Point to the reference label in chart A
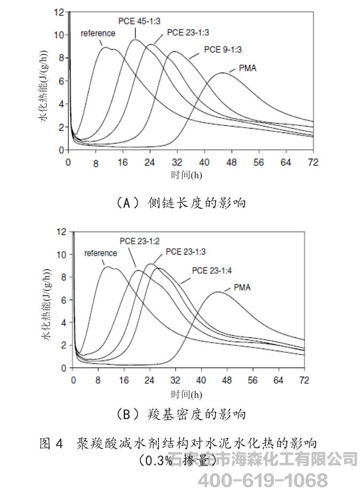click(x=98, y=33)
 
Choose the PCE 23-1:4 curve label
click(x=212, y=270)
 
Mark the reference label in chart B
click(x=100, y=253)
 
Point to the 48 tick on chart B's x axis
click(x=228, y=380)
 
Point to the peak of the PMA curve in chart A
click(x=221, y=73)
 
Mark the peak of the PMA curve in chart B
click(x=217, y=292)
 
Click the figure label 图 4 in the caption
click(x=52, y=443)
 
